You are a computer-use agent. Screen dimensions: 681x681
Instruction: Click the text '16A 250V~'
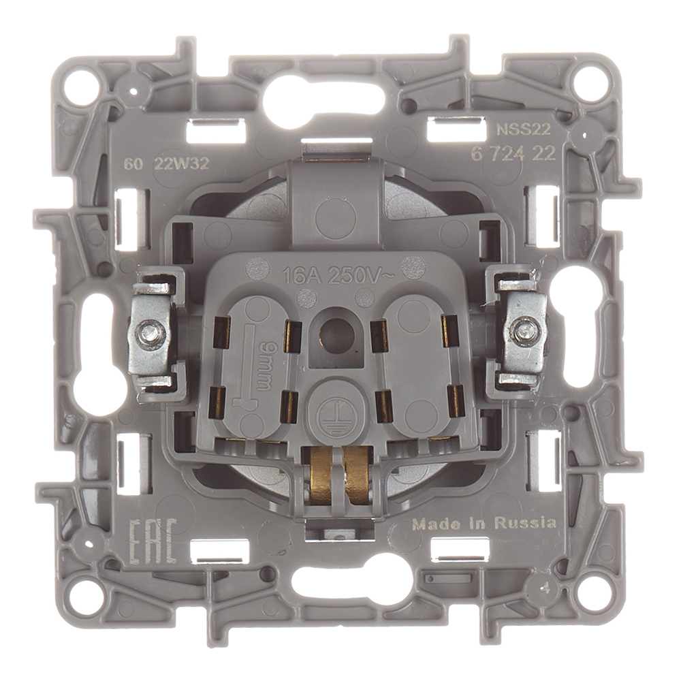point(338,276)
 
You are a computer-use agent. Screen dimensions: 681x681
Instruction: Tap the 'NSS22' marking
point(524,129)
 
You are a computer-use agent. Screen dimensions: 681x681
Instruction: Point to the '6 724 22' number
point(513,154)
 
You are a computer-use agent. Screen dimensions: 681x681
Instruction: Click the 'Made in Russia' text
point(484,523)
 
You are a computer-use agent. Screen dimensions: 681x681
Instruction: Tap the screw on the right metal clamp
point(523,332)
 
